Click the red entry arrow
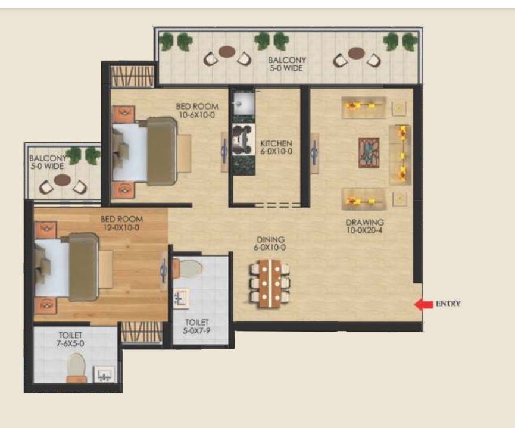pos(423,305)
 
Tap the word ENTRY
pos(448,304)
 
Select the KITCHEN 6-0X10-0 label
pos(276,148)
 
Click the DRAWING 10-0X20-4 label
pos(364,226)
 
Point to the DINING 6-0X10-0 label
pos(270,243)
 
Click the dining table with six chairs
pos(270,283)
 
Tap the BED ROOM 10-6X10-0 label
pos(197,110)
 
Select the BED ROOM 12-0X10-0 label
pos(121,223)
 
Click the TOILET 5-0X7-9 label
pos(196,327)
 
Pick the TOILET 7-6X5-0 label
pos(70,339)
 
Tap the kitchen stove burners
pos(244,139)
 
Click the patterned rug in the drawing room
pos(369,153)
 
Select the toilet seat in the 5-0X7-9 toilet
pos(188,268)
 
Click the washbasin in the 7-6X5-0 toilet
pos(104,374)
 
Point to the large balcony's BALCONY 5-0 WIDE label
pos(287,64)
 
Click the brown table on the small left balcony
pos(63,180)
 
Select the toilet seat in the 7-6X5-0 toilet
pos(76,368)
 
